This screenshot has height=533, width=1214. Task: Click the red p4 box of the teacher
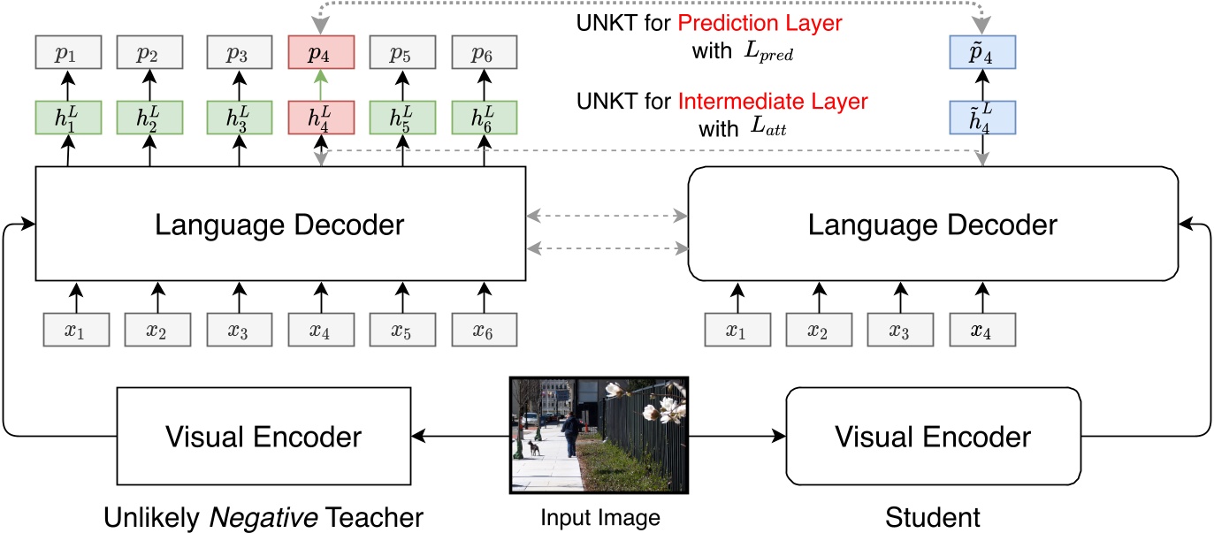(321, 53)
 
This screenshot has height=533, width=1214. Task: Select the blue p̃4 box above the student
(981, 53)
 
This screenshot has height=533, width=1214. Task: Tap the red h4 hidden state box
(321, 118)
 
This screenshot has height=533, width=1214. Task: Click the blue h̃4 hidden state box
(981, 118)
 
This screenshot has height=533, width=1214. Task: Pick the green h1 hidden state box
(68, 118)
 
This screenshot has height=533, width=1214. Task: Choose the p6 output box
(484, 53)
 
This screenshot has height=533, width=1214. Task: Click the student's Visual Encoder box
(933, 436)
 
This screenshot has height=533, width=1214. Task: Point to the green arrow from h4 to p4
(321, 86)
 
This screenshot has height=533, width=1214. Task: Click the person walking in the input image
(572, 434)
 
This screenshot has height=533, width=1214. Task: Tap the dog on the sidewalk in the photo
(533, 448)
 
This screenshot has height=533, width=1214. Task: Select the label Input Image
(599, 516)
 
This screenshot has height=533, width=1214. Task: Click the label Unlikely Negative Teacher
(263, 515)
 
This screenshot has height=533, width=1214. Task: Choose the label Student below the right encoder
(933, 515)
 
